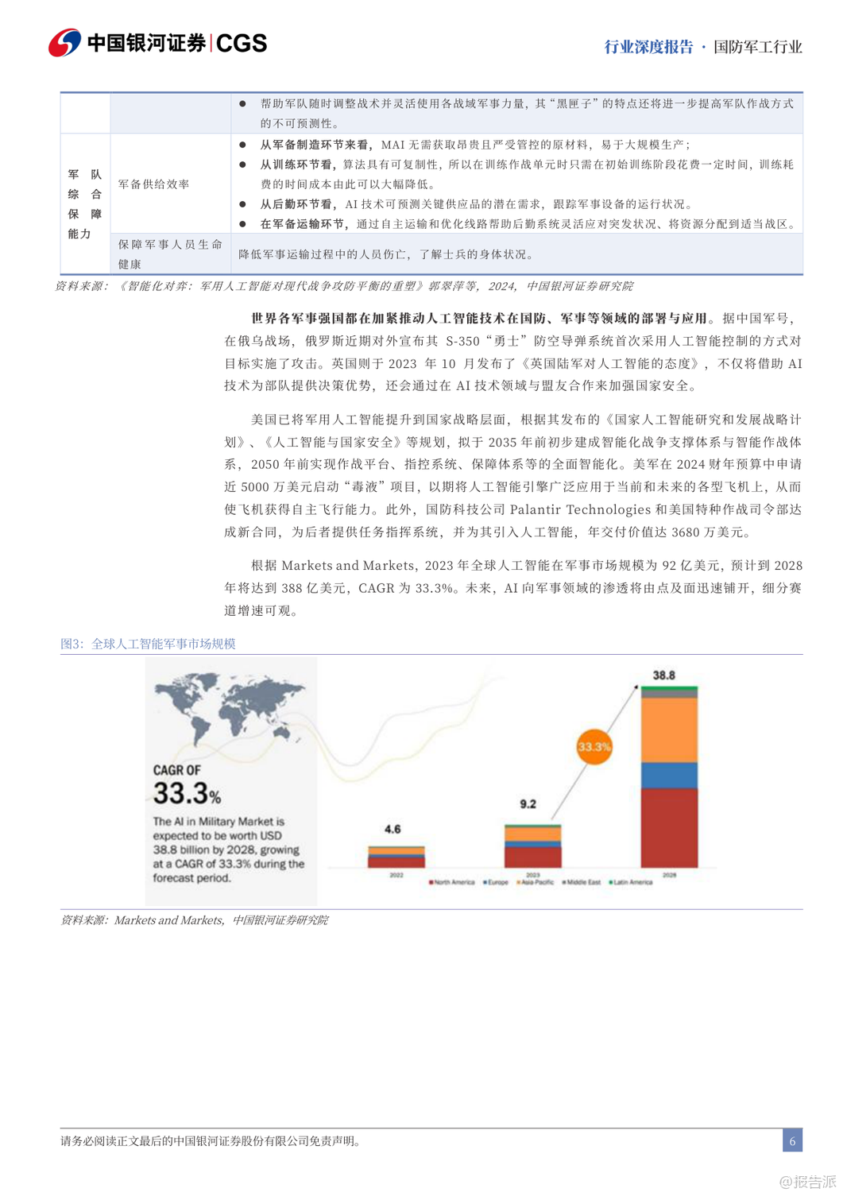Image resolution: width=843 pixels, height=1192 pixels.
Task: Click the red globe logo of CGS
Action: point(64,43)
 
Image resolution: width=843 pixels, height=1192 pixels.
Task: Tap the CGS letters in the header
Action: point(242,43)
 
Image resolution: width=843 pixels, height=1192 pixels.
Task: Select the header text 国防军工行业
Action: point(757,47)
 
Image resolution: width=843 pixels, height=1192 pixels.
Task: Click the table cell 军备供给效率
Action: point(154,184)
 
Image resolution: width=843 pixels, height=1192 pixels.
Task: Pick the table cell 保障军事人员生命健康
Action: point(170,254)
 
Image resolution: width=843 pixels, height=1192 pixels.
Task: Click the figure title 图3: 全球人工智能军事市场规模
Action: point(148,644)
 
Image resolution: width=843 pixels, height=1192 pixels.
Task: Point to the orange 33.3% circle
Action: point(594,747)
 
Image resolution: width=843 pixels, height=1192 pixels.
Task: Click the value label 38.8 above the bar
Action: point(663,675)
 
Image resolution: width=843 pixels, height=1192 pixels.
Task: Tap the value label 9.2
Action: point(528,804)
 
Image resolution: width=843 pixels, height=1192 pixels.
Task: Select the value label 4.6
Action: point(392,830)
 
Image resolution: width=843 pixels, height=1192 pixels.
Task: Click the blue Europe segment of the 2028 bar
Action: point(669,775)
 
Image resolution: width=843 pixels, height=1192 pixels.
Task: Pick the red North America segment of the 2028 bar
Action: point(669,826)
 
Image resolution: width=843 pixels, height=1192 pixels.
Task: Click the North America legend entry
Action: point(452,882)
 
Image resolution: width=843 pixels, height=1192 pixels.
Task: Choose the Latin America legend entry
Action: point(631,882)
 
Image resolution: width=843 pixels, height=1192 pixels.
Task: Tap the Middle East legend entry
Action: point(582,882)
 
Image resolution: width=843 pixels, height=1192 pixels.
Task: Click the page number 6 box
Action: point(792,1140)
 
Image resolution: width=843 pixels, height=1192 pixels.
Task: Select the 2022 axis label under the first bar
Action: point(396,875)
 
